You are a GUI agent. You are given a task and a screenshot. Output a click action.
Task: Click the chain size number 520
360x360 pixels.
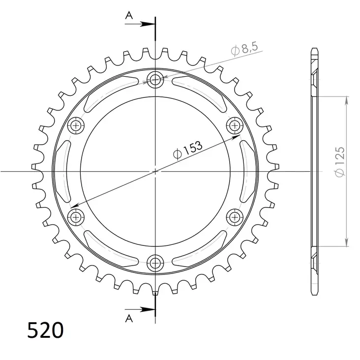(45, 330)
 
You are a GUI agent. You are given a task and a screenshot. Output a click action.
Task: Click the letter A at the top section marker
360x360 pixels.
(129, 16)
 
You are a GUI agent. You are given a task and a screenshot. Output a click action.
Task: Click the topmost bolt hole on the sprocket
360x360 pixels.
(156, 79)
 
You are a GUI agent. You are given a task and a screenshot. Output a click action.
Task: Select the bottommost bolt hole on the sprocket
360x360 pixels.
(156, 262)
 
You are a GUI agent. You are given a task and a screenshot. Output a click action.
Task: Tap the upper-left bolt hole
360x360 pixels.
(76, 125)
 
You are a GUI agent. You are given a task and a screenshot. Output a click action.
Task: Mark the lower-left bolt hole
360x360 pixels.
(76, 216)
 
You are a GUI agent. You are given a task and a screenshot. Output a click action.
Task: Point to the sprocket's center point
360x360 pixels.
(156, 171)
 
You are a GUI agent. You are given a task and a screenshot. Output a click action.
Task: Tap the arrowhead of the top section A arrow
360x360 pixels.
(152, 23)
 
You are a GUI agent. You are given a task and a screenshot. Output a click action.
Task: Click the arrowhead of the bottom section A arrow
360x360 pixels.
(152, 309)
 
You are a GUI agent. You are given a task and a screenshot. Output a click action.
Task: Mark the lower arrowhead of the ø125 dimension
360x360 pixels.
(347, 242)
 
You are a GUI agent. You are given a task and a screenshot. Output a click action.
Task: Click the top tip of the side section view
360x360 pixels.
(314, 49)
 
